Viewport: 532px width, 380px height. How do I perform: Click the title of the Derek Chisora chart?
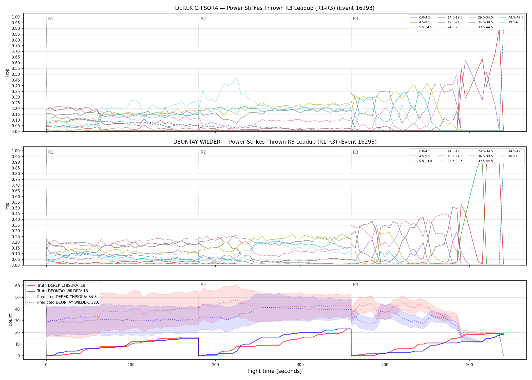(275, 8)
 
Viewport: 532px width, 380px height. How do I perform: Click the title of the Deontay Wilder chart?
(275, 142)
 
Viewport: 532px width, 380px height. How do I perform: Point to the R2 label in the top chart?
(203, 19)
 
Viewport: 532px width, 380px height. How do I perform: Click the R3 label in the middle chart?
(355, 152)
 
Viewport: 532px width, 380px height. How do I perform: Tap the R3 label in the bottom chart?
(355, 285)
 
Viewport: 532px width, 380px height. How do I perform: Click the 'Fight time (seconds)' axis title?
(275, 371)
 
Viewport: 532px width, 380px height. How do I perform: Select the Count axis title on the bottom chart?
(10, 320)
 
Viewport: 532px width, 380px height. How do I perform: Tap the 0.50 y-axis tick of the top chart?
(16, 74)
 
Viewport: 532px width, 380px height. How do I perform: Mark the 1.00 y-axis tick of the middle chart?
(16, 151)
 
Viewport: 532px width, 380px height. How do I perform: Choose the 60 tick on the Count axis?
(17, 286)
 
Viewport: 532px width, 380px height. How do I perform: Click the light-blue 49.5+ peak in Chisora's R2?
(237, 77)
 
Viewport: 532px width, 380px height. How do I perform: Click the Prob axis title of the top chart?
(7, 72)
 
